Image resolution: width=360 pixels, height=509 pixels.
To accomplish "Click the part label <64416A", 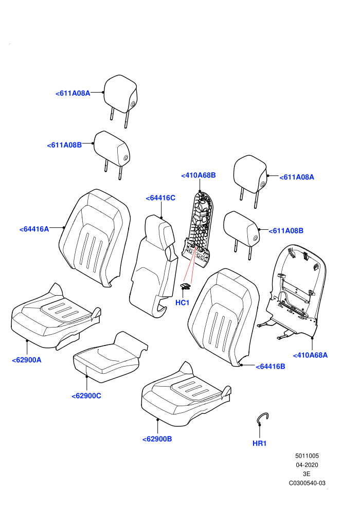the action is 34,229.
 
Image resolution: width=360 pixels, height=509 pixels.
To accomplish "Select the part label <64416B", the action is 271,367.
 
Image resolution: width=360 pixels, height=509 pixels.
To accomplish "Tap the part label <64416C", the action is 160,198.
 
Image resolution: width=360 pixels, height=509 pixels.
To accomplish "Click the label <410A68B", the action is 199,175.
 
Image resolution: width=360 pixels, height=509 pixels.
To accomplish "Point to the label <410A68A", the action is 310,355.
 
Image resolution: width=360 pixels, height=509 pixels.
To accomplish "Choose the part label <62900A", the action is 27,360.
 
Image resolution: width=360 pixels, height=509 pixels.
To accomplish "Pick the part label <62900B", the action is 157,439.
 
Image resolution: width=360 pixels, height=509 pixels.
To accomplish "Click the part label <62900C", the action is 86,396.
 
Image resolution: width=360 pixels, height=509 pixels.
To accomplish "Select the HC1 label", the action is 182,302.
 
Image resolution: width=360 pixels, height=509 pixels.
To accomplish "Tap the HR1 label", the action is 259,443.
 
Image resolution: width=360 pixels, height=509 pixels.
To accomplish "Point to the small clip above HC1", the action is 185,286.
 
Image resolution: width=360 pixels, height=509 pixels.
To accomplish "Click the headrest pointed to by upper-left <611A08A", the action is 120,101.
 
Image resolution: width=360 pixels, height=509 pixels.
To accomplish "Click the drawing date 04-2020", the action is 307,465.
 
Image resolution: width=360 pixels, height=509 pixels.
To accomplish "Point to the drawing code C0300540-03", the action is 307,483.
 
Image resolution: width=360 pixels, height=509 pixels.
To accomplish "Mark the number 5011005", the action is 307,456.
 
